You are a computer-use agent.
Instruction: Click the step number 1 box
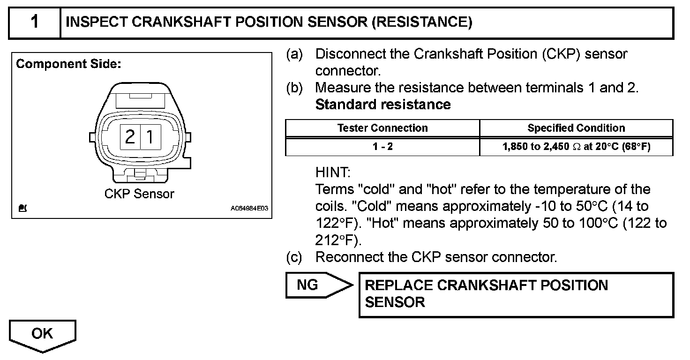click(x=35, y=22)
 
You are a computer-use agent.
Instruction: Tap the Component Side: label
click(x=69, y=64)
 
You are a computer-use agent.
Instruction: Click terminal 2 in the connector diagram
click(x=130, y=137)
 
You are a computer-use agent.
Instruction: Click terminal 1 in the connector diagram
click(x=150, y=137)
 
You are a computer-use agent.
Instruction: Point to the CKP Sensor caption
click(x=139, y=194)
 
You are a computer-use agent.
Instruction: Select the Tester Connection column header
click(x=382, y=128)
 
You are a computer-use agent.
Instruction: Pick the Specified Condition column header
click(x=576, y=128)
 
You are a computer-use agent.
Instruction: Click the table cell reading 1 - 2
click(x=382, y=147)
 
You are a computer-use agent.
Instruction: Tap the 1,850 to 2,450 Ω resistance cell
click(x=576, y=147)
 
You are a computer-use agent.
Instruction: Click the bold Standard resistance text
click(x=383, y=104)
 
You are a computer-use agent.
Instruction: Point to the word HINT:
click(x=333, y=172)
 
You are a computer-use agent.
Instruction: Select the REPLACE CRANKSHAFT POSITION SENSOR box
click(x=516, y=294)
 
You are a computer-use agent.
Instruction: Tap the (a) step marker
click(x=294, y=54)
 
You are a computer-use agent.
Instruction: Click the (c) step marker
click(x=294, y=257)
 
